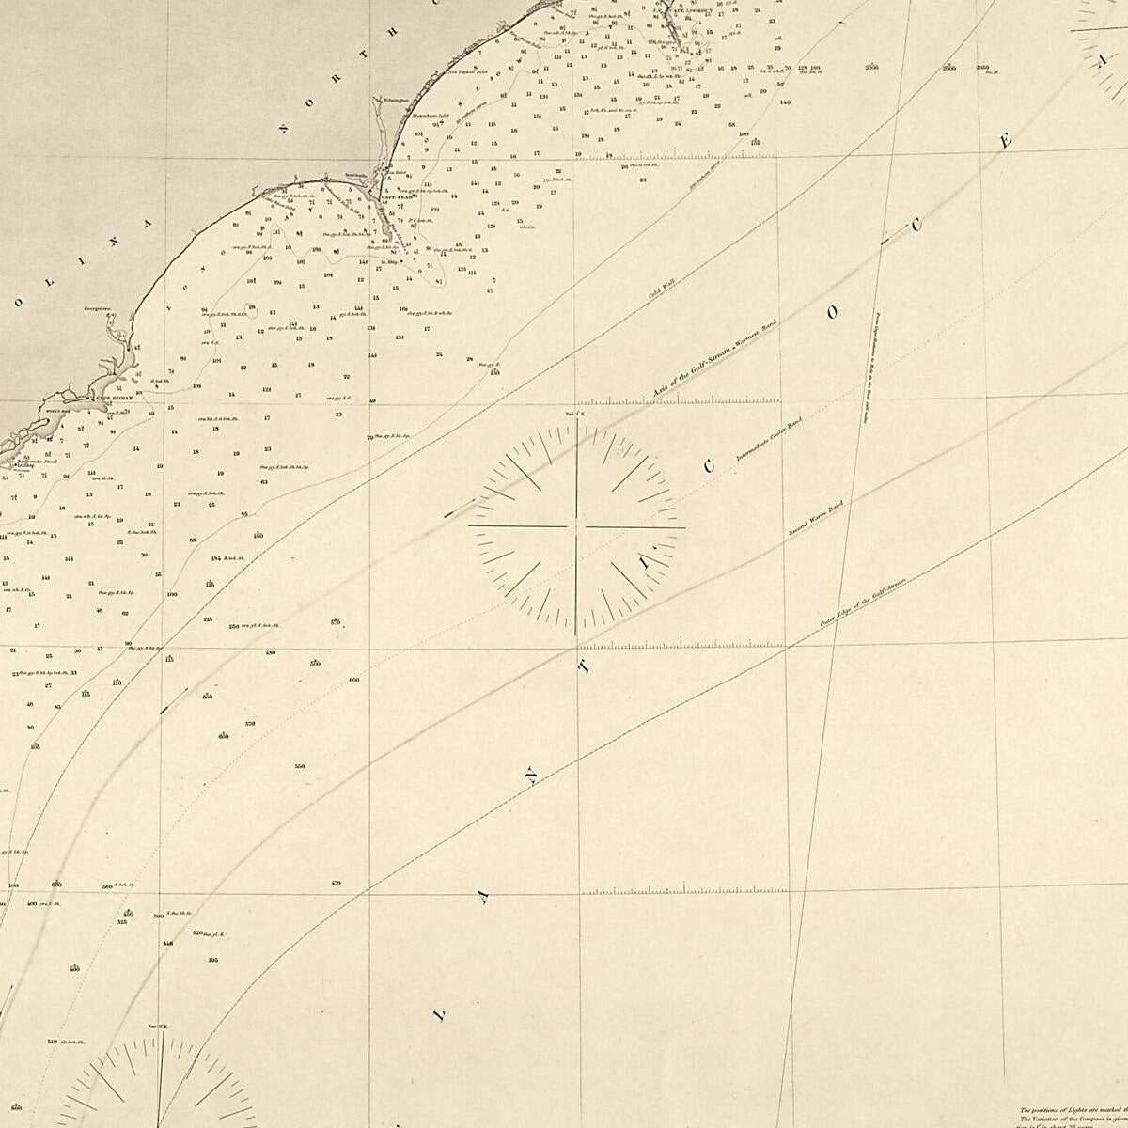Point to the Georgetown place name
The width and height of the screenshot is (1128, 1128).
click(98, 306)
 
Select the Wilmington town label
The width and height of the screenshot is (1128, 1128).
click(395, 100)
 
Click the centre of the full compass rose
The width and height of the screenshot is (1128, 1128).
click(577, 527)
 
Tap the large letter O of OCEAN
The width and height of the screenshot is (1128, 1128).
click(832, 314)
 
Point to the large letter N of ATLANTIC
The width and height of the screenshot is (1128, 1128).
click(531, 778)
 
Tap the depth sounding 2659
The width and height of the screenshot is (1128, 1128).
click(983, 68)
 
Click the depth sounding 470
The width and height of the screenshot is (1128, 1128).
click(336, 883)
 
